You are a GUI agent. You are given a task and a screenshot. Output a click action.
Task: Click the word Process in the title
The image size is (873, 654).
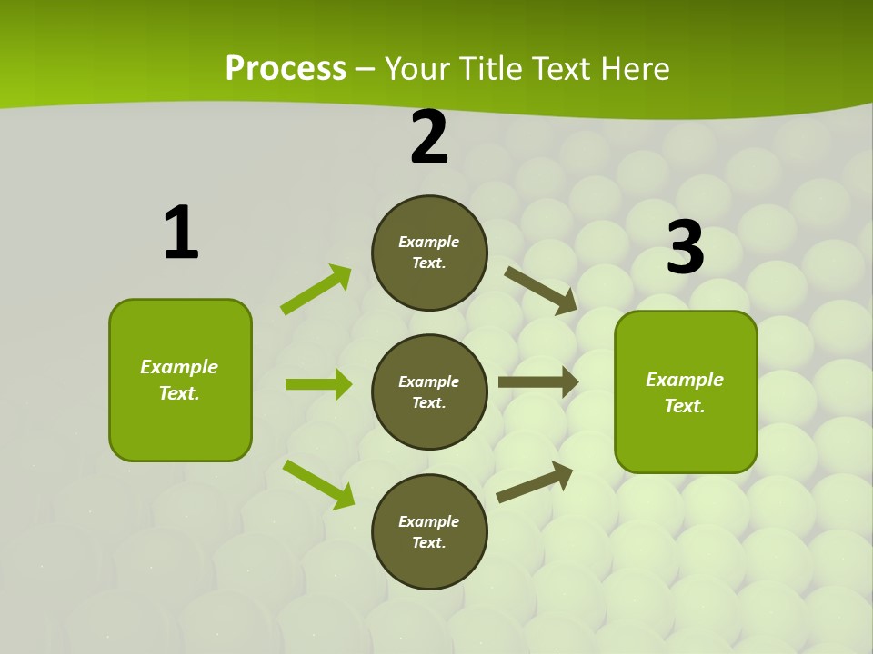pos(286,69)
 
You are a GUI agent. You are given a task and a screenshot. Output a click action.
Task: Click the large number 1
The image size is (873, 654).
pos(181,233)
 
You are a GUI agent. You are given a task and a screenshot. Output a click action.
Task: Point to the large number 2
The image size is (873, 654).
pos(429,138)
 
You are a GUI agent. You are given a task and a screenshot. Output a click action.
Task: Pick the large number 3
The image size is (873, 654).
pos(685,248)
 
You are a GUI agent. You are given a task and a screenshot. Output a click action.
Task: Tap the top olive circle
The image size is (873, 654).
pos(429,253)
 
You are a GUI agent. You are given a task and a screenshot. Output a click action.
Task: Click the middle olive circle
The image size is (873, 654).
pos(429,392)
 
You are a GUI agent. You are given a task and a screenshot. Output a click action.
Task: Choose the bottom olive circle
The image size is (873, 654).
pos(429,532)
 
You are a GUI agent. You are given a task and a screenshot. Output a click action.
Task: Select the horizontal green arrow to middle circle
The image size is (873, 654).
pos(318,384)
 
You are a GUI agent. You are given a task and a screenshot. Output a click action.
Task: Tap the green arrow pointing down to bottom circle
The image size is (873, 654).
pos(319,483)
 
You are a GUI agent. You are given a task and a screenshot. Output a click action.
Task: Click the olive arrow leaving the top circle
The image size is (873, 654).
pos(540,290)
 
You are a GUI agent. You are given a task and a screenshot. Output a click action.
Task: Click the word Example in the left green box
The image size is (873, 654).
pos(179,367)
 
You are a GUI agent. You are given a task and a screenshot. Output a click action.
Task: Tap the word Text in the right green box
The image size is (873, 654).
pos(684,406)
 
